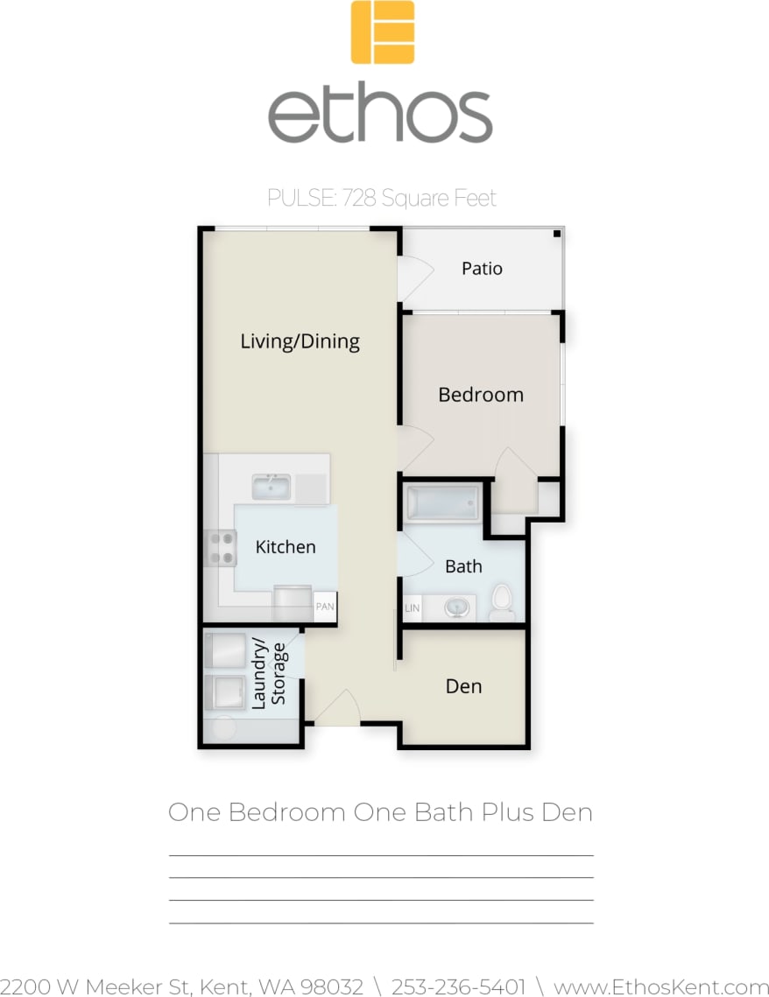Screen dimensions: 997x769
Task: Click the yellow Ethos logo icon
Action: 383,32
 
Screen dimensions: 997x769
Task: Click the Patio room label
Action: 482,268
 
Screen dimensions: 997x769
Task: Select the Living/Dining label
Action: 300,341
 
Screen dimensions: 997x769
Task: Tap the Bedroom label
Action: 481,395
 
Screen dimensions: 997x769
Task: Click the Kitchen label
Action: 286,547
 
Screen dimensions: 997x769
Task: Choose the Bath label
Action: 463,566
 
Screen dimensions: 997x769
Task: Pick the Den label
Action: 463,686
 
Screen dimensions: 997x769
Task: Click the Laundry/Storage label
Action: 269,674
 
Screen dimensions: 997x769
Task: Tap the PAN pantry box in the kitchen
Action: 325,606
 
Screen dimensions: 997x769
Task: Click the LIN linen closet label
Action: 412,607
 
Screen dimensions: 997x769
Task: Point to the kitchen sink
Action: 272,487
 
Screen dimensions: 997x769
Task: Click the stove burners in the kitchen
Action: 220,548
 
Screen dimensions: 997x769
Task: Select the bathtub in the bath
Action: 443,503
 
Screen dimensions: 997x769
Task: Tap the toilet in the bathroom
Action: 501,600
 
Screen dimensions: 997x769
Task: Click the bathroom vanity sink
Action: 455,607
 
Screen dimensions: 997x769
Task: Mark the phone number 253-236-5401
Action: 458,986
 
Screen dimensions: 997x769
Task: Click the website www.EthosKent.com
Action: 660,986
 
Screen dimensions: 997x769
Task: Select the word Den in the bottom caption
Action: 567,812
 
